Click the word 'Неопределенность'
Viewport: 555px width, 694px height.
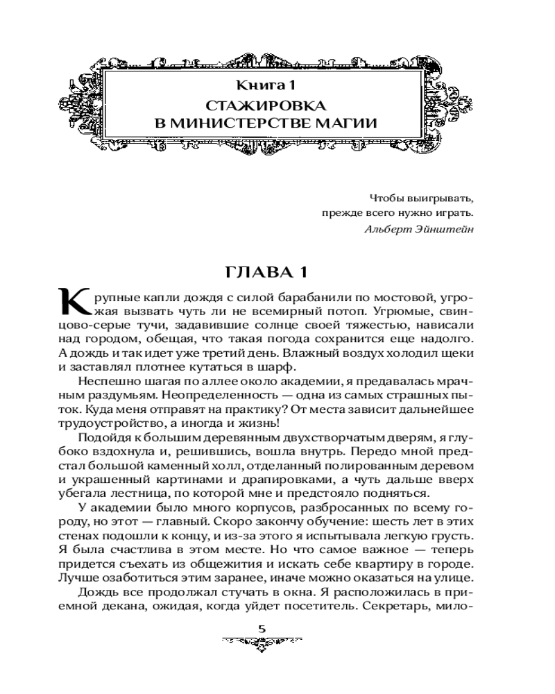pos(208,394)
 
